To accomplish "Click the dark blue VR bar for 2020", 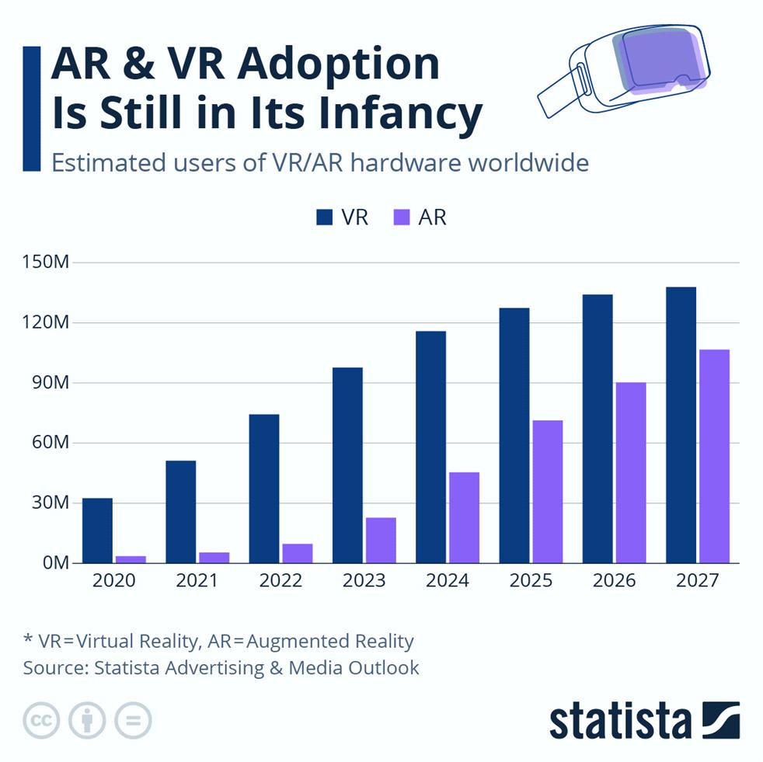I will pyautogui.click(x=97, y=531).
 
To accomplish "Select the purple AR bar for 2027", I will pyautogui.click(x=714, y=456).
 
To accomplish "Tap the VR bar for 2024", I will pyautogui.click(x=430, y=447).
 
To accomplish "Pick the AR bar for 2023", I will pyautogui.click(x=381, y=540).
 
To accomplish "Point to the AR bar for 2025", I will pyautogui.click(x=547, y=491).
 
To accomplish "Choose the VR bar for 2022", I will pyautogui.click(x=263, y=489).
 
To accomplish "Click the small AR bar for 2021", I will pyautogui.click(x=214, y=557).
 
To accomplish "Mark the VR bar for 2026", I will pyautogui.click(x=597, y=428).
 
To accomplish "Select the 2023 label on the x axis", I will pyautogui.click(x=364, y=581).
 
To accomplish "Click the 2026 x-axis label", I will pyautogui.click(x=614, y=581).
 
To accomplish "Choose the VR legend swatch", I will pyautogui.click(x=324, y=217).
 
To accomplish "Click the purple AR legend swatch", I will pyautogui.click(x=401, y=217).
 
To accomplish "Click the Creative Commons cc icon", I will pyautogui.click(x=41, y=721).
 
